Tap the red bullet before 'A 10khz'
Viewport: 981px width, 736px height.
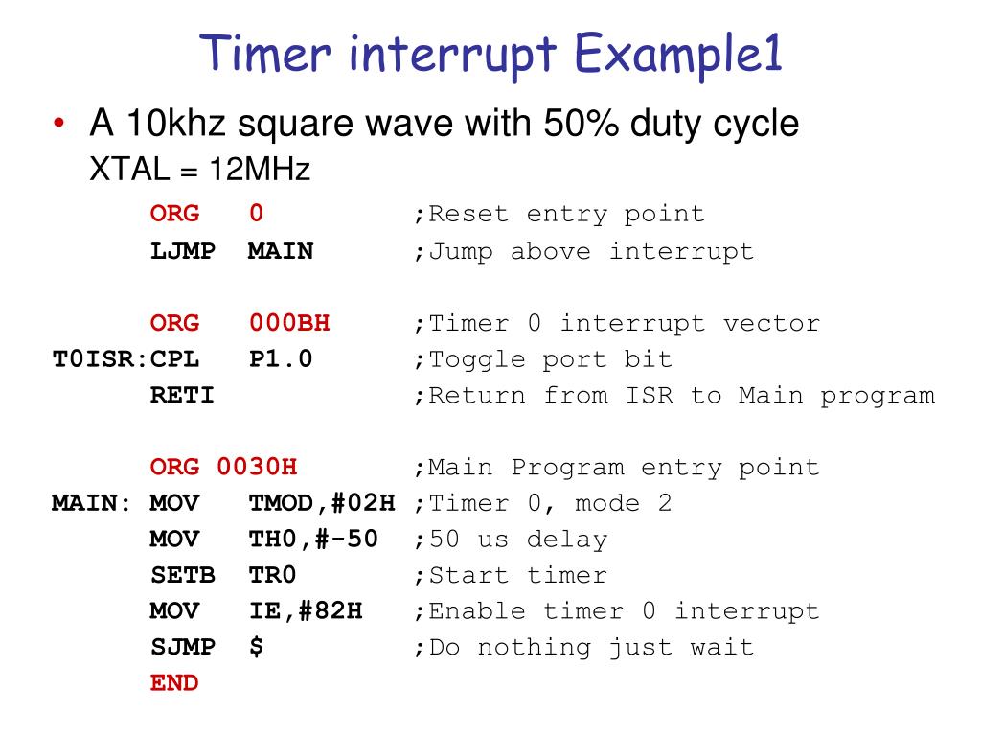[59, 126]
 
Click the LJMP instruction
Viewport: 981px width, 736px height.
[182, 251]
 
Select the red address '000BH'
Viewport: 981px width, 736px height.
[289, 323]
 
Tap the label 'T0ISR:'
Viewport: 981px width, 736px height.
[99, 359]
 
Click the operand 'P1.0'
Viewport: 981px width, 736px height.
[281, 359]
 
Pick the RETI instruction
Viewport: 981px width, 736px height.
[182, 395]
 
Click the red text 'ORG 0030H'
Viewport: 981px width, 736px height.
[223, 467]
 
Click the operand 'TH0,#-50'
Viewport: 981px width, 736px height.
[313, 539]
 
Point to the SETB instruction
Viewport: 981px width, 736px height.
[182, 575]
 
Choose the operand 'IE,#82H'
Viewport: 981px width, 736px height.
[306, 610]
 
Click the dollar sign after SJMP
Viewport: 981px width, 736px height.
[256, 647]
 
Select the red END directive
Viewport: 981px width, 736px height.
[174, 682]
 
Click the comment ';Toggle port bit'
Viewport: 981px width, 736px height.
[543, 359]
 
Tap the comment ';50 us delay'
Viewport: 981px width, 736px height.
[511, 539]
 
